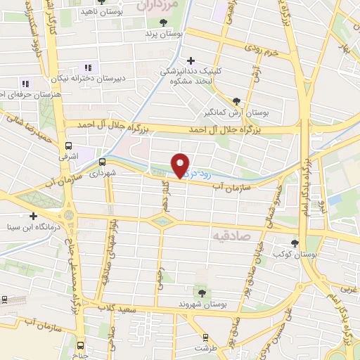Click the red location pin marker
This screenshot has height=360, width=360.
pos(181,165)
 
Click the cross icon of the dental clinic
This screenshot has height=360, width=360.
pos(191,60)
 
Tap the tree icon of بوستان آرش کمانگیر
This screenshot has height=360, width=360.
pos(236,101)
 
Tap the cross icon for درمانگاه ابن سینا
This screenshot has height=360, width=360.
pos(32,216)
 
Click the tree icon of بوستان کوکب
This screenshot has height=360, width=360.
pos(295,243)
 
